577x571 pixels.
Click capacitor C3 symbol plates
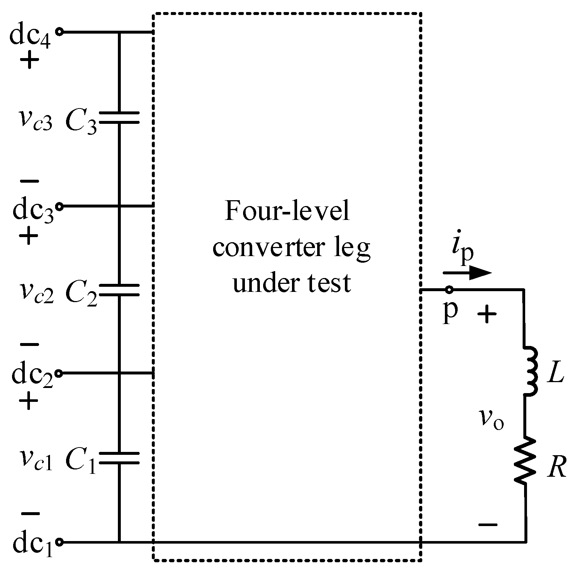tap(119, 117)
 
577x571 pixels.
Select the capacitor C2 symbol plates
tap(119, 290)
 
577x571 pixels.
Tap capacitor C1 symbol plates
tap(119, 458)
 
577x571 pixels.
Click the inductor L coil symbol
tap(529, 371)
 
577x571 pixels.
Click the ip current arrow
tap(467, 272)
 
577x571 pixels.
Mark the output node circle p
tap(449, 290)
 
